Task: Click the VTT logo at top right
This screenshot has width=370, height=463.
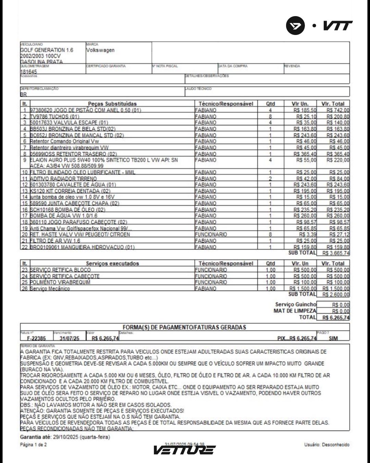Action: pyautogui.click(x=319, y=26)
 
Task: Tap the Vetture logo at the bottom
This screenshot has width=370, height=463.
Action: pyautogui.click(x=184, y=450)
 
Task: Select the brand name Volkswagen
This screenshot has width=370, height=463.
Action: pyautogui.click(x=100, y=50)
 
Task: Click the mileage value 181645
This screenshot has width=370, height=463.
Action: pyautogui.click(x=28, y=72)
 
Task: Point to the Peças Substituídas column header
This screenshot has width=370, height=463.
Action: pyautogui.click(x=112, y=104)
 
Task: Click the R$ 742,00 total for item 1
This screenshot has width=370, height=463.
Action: pyautogui.click(x=338, y=110)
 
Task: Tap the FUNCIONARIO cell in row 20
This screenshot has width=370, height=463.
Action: pyautogui.click(x=211, y=235)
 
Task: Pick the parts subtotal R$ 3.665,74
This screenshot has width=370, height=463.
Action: pyautogui.click(x=336, y=253)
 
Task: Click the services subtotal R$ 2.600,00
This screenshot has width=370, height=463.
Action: pyautogui.click(x=336, y=294)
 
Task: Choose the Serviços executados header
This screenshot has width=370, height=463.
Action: pyautogui.click(x=112, y=263)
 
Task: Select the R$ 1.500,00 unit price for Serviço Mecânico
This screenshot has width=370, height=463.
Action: pyautogui.click(x=303, y=288)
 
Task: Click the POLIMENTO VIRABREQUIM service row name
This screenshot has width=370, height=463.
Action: pyautogui.click(x=60, y=282)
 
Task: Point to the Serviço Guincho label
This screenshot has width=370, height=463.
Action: pyautogui.click(x=296, y=305)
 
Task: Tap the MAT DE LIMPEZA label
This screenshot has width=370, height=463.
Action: pyautogui.click(x=295, y=311)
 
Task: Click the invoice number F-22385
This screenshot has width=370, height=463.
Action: pyautogui.click(x=36, y=338)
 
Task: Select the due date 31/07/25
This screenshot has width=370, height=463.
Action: pyautogui.click(x=69, y=338)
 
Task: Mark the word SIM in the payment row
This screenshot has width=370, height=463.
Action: pyautogui.click(x=333, y=338)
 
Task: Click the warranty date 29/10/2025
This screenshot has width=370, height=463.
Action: pyautogui.click(x=65, y=437)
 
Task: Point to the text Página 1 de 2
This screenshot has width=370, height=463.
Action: pyautogui.click(x=34, y=445)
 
